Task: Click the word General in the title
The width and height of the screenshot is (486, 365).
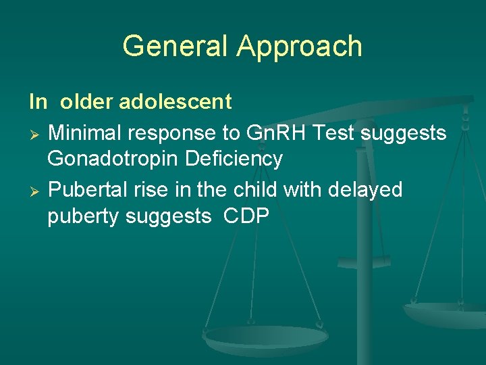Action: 176,47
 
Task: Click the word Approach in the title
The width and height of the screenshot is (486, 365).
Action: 299,47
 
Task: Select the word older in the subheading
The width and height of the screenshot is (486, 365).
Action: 87,102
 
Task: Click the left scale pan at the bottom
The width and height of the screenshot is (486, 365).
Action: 266,337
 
